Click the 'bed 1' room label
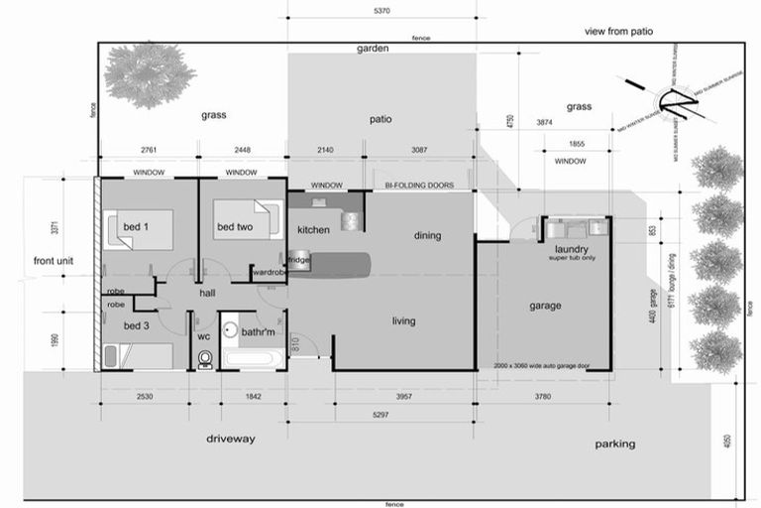pyautogui.click(x=135, y=228)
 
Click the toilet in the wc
pyautogui.click(x=205, y=356)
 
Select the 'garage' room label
pyautogui.click(x=544, y=306)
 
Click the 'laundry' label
pyautogui.click(x=572, y=249)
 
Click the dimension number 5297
pyautogui.click(x=374, y=416)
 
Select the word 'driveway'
pyautogui.click(x=231, y=438)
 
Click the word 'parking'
pyautogui.click(x=614, y=444)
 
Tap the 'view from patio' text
pyautogui.click(x=619, y=32)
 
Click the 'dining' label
pyautogui.click(x=427, y=235)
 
